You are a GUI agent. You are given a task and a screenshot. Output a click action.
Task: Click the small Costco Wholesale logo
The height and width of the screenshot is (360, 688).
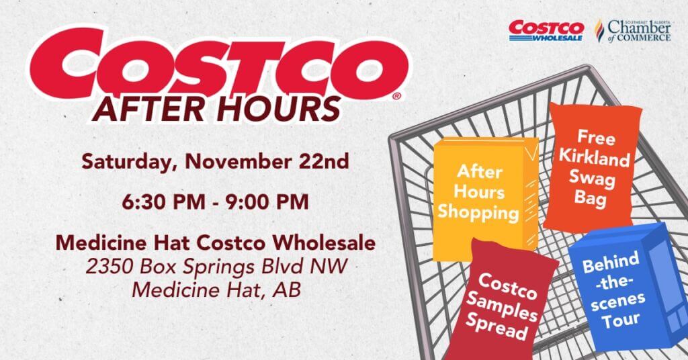(546, 31)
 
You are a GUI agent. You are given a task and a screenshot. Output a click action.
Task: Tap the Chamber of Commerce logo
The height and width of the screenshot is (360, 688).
(632, 31)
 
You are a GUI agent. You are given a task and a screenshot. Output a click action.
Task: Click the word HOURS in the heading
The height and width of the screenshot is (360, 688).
(279, 109)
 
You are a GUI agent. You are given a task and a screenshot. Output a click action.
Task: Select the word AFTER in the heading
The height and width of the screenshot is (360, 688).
(151, 109)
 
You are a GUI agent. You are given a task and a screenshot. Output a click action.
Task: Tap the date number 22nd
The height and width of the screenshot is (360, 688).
(325, 161)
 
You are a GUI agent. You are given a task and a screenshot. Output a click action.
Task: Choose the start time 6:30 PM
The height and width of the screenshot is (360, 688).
(164, 202)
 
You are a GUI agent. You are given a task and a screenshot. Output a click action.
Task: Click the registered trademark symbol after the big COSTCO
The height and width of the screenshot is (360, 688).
(396, 96)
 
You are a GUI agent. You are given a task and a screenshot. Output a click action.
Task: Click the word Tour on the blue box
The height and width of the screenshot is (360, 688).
(620, 320)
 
